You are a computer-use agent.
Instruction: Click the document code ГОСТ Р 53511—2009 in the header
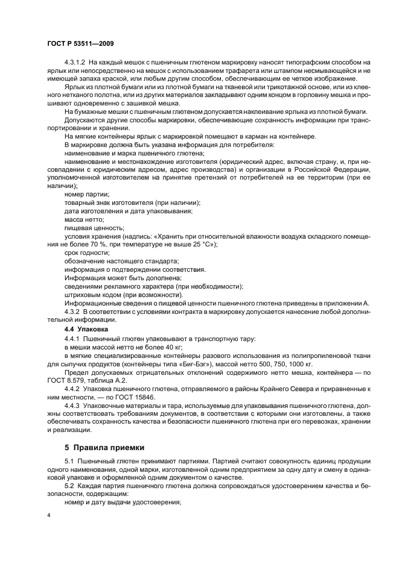point(80,44)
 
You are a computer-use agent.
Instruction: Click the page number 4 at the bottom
point(49,516)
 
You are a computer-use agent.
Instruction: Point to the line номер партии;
point(87,194)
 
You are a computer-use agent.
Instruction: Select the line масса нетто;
point(84,219)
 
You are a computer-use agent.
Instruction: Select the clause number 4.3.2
point(72,311)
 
